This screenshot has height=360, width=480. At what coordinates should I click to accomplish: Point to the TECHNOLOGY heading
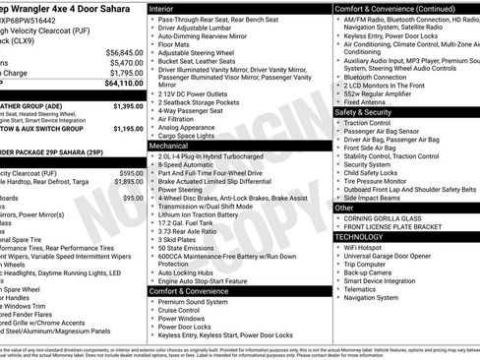[x=360, y=236]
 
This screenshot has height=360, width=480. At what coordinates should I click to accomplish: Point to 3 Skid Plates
[x=179, y=239]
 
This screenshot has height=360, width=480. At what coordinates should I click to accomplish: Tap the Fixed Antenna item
[x=366, y=101]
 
